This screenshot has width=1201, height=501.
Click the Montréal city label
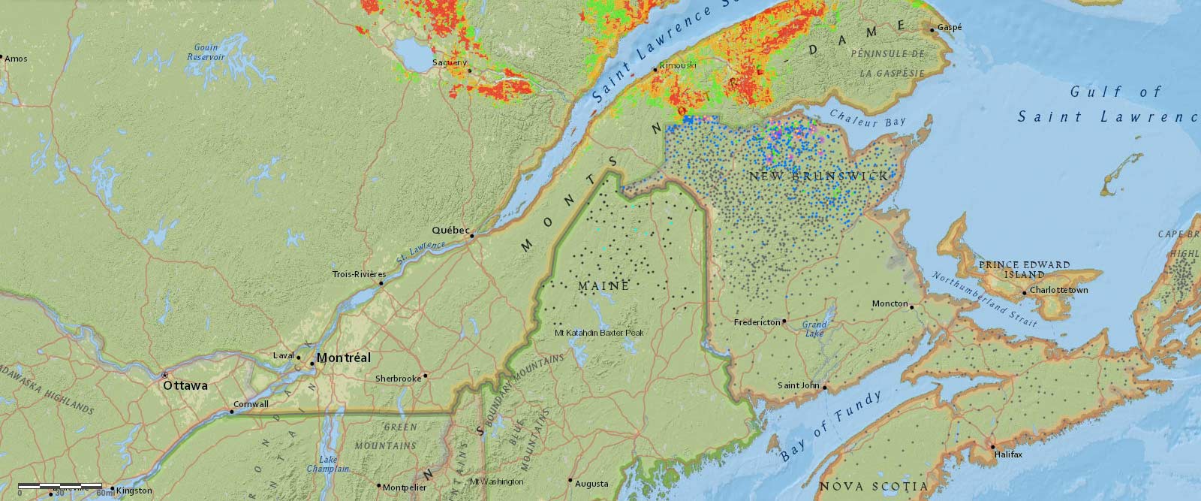343,358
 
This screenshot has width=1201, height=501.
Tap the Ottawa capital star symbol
165,374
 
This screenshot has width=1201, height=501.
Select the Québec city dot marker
472,237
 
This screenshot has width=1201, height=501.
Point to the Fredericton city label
757,322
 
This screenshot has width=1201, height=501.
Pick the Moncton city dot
911,306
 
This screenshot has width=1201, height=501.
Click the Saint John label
799,385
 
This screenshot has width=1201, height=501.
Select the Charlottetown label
1058,290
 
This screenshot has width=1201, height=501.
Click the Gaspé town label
949,28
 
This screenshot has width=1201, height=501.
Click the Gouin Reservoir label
206,52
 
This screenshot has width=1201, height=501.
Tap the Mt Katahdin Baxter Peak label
599,332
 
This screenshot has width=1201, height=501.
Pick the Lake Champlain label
328,463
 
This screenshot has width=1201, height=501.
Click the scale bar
60,487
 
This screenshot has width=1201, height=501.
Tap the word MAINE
604,286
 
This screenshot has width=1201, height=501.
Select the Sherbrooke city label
398,379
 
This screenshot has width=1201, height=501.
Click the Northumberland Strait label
984,299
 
